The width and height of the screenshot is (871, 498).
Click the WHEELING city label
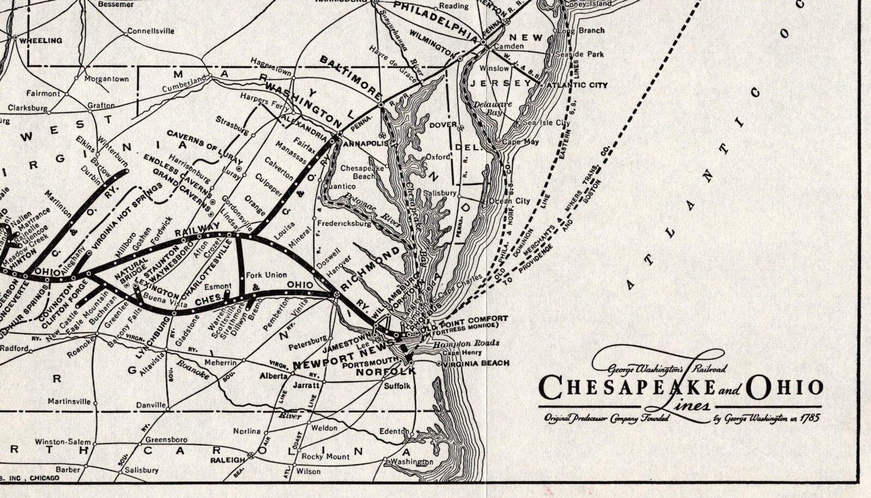(41, 40)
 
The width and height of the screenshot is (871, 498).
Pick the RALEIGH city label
(228, 460)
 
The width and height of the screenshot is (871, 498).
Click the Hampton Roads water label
(466, 343)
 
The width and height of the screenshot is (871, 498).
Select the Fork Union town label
(266, 275)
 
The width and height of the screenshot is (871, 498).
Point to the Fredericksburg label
(344, 223)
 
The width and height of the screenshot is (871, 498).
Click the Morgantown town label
(107, 79)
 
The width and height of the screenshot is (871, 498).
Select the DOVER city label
(443, 125)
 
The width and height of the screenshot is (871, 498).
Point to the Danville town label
(151, 405)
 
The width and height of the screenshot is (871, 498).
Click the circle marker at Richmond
(337, 295)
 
